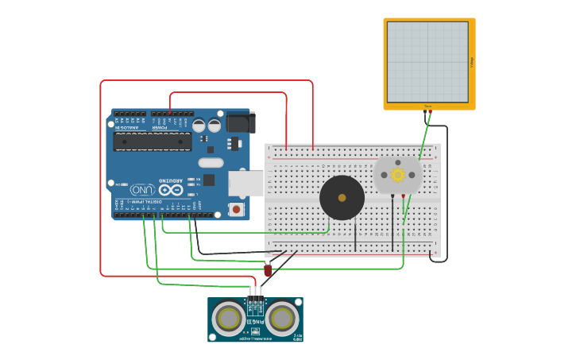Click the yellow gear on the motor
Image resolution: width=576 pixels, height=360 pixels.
coord(397,174)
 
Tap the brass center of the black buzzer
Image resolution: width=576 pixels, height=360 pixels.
coord(342,198)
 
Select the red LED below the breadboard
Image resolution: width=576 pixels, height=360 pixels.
coord(268,270)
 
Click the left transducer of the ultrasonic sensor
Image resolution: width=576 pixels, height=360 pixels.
coord(229,319)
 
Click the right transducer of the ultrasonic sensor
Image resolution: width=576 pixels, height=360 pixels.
coord(282,319)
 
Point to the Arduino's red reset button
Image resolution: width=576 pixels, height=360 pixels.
coord(236,208)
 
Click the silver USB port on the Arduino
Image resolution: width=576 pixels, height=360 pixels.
coord(245,183)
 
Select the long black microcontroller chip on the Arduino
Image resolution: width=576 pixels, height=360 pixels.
coord(153,141)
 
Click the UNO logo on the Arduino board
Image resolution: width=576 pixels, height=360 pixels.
coord(142,190)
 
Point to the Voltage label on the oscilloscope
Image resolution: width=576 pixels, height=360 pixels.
coord(472,61)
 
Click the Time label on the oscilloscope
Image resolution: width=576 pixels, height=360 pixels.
coord(427,106)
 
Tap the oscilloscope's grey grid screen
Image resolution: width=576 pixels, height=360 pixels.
coord(427,61)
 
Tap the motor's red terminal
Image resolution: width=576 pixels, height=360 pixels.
coord(404,195)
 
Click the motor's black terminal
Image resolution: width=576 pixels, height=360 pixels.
coord(392,195)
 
